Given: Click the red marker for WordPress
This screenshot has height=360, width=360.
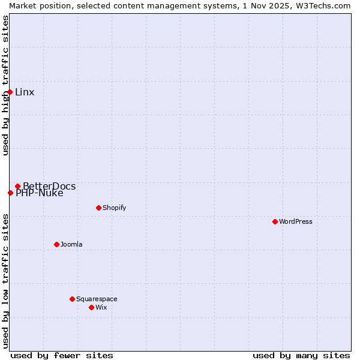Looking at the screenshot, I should point(275,221).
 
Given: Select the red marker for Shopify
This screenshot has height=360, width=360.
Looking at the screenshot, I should point(98,208).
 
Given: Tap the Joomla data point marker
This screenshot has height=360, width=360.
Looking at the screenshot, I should point(56,244).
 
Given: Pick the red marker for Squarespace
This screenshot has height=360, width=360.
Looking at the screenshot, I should point(72,299).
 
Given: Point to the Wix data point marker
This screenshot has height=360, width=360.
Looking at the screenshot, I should point(91,307).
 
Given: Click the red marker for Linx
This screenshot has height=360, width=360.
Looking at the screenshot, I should point(10,92).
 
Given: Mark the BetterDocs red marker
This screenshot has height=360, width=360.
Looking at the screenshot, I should point(17,186).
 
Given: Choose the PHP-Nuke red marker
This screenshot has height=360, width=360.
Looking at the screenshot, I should point(10,193).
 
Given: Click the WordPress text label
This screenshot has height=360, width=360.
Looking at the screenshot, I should point(296,221).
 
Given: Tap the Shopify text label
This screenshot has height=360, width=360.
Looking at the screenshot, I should point(114,208).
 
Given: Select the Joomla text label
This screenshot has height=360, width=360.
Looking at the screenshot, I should point(71,244).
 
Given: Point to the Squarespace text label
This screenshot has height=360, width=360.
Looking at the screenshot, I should point(97,299).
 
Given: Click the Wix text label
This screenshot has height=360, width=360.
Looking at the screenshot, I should point(101,307).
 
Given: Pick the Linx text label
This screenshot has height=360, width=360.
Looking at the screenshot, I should point(25,92).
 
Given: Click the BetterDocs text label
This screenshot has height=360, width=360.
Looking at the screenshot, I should point(49,186).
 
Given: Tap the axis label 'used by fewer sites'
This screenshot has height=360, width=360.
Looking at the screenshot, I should point(62,355).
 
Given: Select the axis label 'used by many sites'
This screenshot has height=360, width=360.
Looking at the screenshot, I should point(301,355).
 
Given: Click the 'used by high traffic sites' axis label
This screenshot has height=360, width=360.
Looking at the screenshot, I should point(5,85).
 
